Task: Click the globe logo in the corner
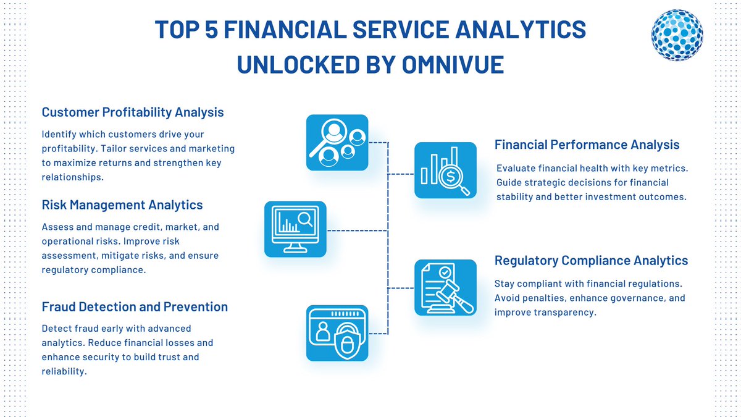[677, 35]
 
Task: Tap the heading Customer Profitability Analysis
[133, 112]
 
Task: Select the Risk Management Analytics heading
[122, 204]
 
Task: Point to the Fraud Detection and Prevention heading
[135, 307]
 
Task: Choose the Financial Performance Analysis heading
[587, 145]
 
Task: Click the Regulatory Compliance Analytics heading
[591, 261]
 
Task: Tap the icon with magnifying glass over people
[337, 142]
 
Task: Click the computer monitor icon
[295, 229]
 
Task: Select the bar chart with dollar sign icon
[445, 170]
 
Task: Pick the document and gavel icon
[445, 287]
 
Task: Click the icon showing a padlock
[337, 333]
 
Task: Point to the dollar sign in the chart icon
[451, 177]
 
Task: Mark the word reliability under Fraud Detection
[64, 371]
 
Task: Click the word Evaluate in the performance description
[517, 169]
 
